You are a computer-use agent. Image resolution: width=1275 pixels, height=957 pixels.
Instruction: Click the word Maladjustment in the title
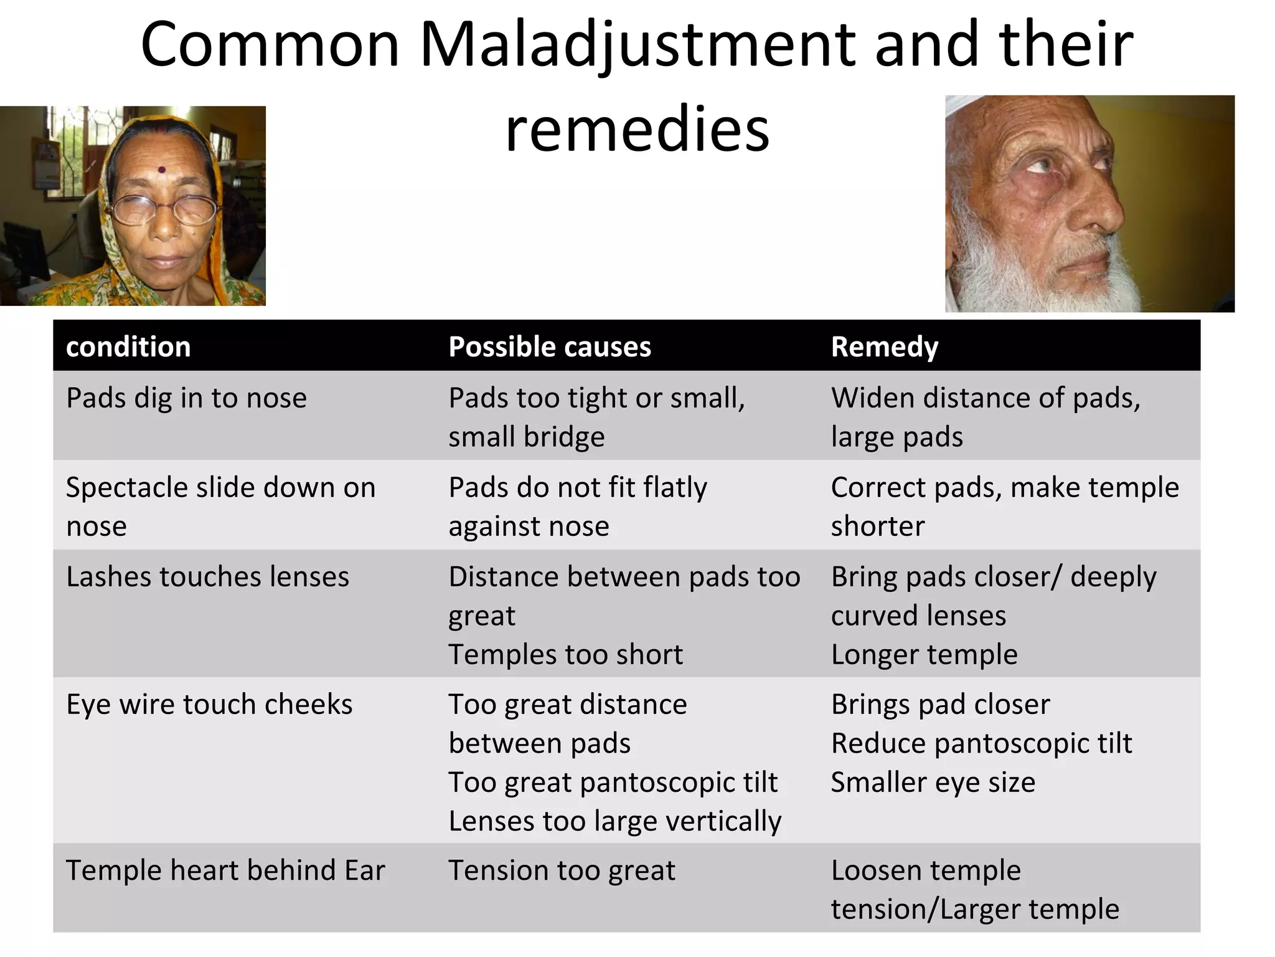tap(636, 45)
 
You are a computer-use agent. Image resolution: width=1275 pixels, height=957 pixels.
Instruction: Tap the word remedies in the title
tap(637, 130)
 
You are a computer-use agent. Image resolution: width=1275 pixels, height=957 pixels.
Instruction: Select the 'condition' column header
tap(128, 346)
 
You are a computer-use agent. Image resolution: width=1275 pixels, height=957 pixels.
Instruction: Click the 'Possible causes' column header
tap(549, 346)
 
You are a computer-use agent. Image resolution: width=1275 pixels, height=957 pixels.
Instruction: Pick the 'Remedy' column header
tap(884, 346)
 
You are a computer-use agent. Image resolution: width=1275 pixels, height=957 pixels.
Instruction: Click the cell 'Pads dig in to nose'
tap(186, 398)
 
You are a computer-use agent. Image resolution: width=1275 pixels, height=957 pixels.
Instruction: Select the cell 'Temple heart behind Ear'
tap(225, 870)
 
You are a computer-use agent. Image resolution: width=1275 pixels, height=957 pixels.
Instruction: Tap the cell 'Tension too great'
tap(562, 870)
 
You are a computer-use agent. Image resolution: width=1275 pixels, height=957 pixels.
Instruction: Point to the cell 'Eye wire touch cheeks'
tap(209, 705)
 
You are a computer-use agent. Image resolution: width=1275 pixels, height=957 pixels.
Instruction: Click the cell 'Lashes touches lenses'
tap(207, 577)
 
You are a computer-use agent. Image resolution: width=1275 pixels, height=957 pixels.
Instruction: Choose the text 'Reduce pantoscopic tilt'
tap(981, 743)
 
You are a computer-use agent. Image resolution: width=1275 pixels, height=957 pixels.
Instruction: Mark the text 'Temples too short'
tap(565, 655)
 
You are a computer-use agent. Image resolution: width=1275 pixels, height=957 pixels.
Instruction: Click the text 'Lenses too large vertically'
tap(614, 821)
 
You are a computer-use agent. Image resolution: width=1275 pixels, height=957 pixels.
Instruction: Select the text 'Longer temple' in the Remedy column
tap(924, 655)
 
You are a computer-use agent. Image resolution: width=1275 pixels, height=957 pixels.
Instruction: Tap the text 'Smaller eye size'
tap(933, 783)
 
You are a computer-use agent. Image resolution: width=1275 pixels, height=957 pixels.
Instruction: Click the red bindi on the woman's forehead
tap(162, 169)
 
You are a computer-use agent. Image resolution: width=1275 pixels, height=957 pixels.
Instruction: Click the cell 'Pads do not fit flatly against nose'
tap(578, 506)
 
